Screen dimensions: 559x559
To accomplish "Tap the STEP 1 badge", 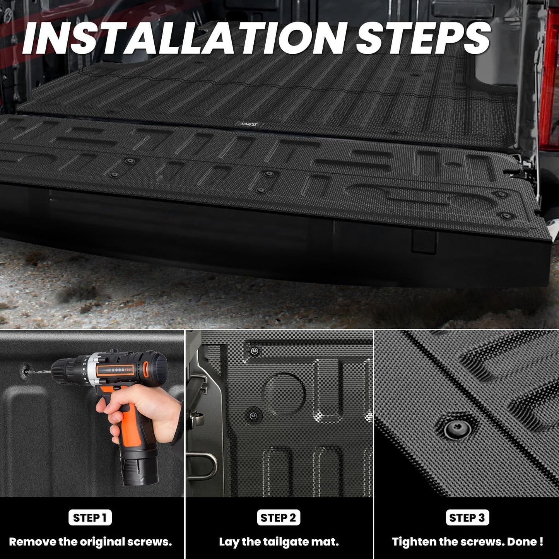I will pos(90,518).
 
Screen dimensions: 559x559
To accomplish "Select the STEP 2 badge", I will pos(278,518).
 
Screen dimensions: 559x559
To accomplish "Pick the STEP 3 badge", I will pos(467,518).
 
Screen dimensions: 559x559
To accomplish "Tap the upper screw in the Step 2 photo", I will pos(254,351).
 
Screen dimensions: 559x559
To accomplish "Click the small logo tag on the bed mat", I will pos(250,125).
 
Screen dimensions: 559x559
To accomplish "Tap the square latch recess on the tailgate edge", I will pos(424,242).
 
